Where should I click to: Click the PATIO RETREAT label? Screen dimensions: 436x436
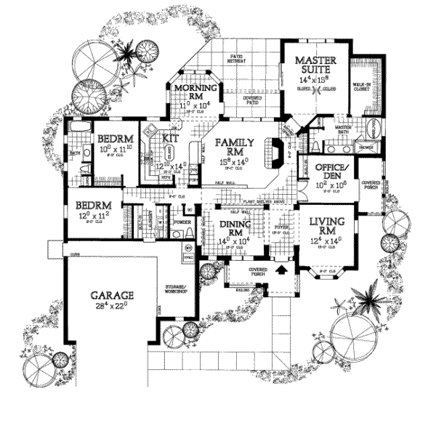pyautogui.click(x=237, y=59)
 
